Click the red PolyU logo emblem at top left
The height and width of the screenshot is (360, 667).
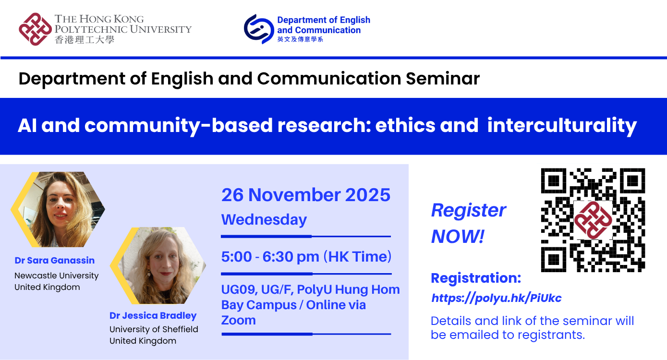[35, 29]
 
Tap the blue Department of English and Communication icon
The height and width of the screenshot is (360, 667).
[259, 29]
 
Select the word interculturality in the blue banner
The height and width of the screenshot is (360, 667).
[562, 125]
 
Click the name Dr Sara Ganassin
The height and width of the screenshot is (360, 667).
[54, 261]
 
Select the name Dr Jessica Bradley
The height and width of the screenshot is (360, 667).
[153, 316]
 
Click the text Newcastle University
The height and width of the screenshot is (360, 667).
[56, 276]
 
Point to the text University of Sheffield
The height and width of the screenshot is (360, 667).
[154, 329]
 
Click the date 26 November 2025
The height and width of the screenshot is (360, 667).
[305, 195]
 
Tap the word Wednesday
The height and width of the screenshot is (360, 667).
[264, 220]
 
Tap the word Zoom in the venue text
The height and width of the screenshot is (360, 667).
[238, 320]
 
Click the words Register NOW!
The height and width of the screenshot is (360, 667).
[468, 223]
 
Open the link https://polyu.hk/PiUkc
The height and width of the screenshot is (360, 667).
[496, 298]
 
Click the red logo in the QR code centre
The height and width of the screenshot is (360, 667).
[593, 220]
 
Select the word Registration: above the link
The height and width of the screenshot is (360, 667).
[475, 278]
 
